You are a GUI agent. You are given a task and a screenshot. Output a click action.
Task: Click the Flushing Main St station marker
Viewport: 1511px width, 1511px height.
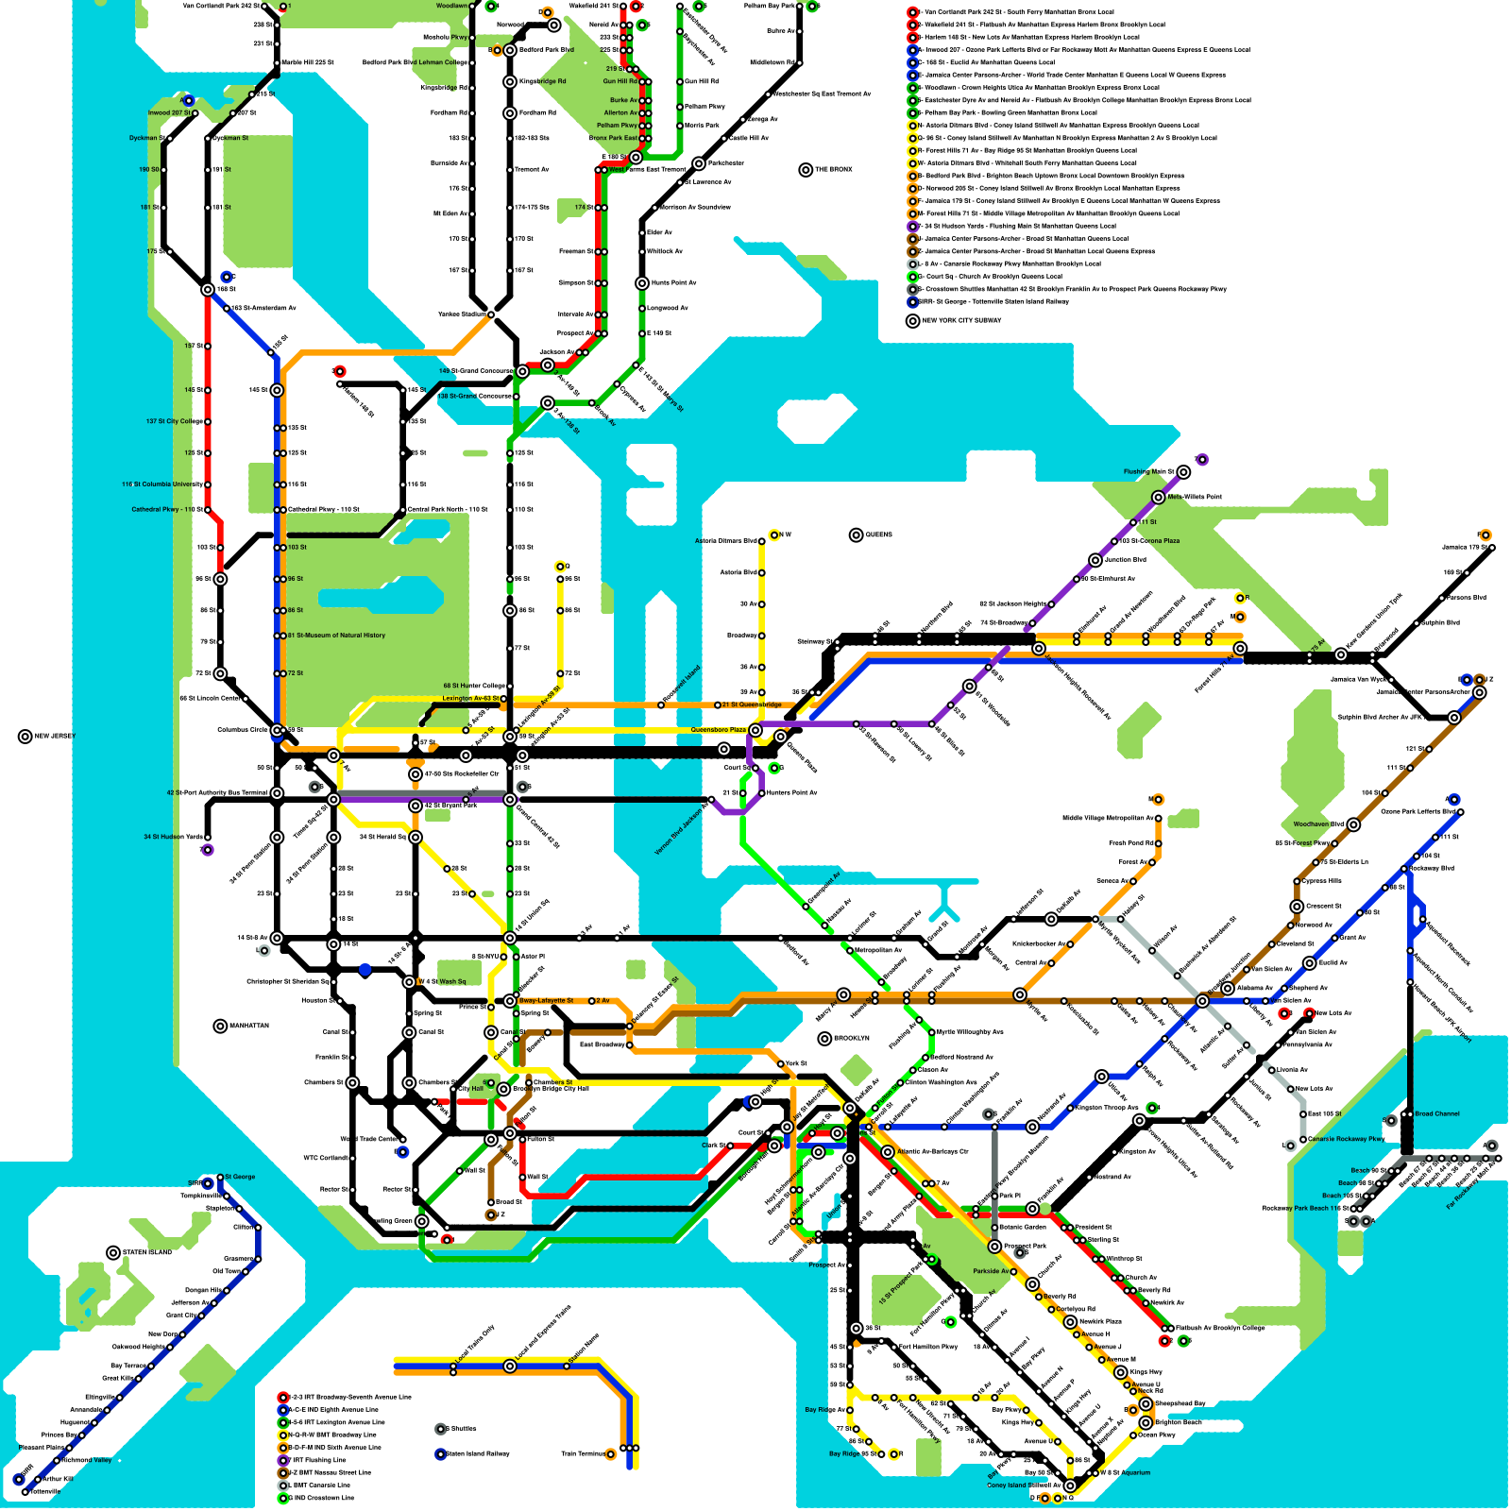point(1183,472)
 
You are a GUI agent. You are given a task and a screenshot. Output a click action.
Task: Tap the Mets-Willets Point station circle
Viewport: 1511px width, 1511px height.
point(1159,497)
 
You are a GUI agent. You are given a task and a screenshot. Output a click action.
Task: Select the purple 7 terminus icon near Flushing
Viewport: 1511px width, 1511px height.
point(1202,460)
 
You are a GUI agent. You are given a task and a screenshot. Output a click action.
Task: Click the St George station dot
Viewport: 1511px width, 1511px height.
point(220,1178)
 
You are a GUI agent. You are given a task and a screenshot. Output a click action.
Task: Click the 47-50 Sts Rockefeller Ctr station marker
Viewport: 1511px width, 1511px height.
point(416,774)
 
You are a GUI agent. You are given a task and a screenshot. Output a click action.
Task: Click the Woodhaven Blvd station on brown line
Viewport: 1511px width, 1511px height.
point(1353,824)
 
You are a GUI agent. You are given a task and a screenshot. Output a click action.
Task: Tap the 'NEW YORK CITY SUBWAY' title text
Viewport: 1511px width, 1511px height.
point(961,321)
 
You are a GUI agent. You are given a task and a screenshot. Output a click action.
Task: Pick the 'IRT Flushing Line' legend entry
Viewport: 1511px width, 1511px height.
point(321,1460)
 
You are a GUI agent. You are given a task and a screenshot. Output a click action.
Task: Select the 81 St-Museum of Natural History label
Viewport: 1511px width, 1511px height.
point(338,636)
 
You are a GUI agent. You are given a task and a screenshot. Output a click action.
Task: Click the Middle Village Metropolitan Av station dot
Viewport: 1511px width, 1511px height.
point(1159,818)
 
